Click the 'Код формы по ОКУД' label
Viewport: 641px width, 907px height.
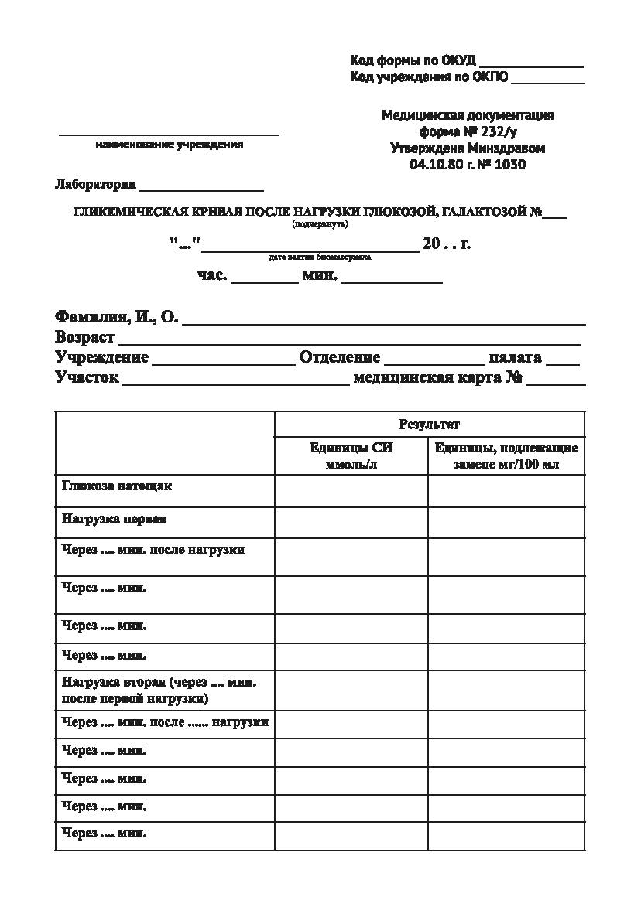pos(413,60)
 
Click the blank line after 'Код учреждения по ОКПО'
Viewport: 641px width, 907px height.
pos(547,80)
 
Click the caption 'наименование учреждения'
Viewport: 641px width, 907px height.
pos(170,145)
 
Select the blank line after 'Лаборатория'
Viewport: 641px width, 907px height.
pos(201,188)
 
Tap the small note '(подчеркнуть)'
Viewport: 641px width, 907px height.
pos(320,225)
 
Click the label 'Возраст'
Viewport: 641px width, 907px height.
pos(84,337)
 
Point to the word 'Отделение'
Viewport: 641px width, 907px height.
pos(340,357)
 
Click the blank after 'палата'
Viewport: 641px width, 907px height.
pos(562,361)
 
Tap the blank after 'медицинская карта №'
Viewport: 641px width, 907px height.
pos(555,382)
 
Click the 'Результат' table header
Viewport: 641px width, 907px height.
pos(429,425)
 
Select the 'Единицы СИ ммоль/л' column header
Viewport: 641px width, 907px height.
pos(351,456)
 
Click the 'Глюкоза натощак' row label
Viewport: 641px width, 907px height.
pos(117,486)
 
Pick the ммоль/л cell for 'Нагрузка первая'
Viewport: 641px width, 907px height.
pos(351,523)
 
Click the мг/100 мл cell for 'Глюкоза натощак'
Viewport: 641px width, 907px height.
pos(506,491)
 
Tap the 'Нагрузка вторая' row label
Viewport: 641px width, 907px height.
pos(159,690)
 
